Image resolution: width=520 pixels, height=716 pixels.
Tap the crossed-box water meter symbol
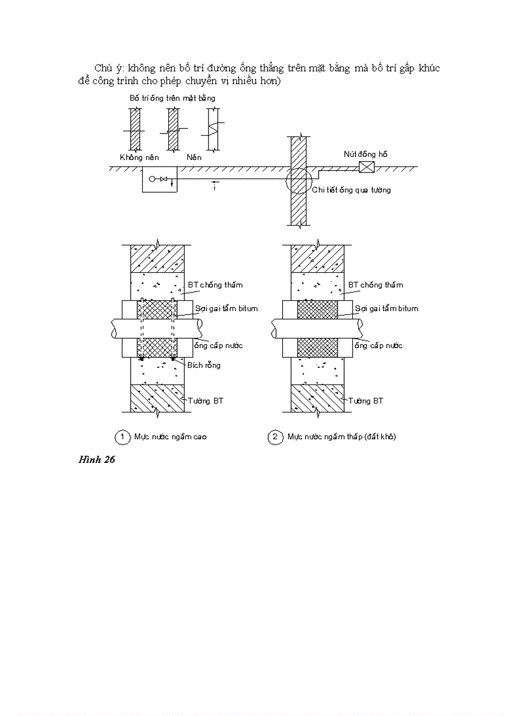pos(366,167)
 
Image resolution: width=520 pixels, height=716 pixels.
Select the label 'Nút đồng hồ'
pos(366,154)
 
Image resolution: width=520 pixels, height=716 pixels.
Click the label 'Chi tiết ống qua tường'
pos(351,189)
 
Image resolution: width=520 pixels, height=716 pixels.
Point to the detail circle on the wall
pos(299,180)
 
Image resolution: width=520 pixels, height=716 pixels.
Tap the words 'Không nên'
pos(139,157)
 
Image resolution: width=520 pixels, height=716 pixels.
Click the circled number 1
pos(122,437)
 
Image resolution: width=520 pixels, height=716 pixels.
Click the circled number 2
pos(275,437)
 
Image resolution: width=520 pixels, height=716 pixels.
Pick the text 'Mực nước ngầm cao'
pos(170,437)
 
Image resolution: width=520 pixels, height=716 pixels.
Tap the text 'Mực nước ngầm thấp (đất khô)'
pos(342,437)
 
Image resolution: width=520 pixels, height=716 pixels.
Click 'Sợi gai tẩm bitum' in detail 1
pos(226,309)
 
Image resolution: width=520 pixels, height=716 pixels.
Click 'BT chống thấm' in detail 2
pos(376,285)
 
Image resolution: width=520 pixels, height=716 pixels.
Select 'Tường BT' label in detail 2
pos(370,400)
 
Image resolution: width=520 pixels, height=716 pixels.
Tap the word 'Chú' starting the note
pos(103,68)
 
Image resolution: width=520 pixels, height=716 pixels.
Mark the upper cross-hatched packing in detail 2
pos(317,309)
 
